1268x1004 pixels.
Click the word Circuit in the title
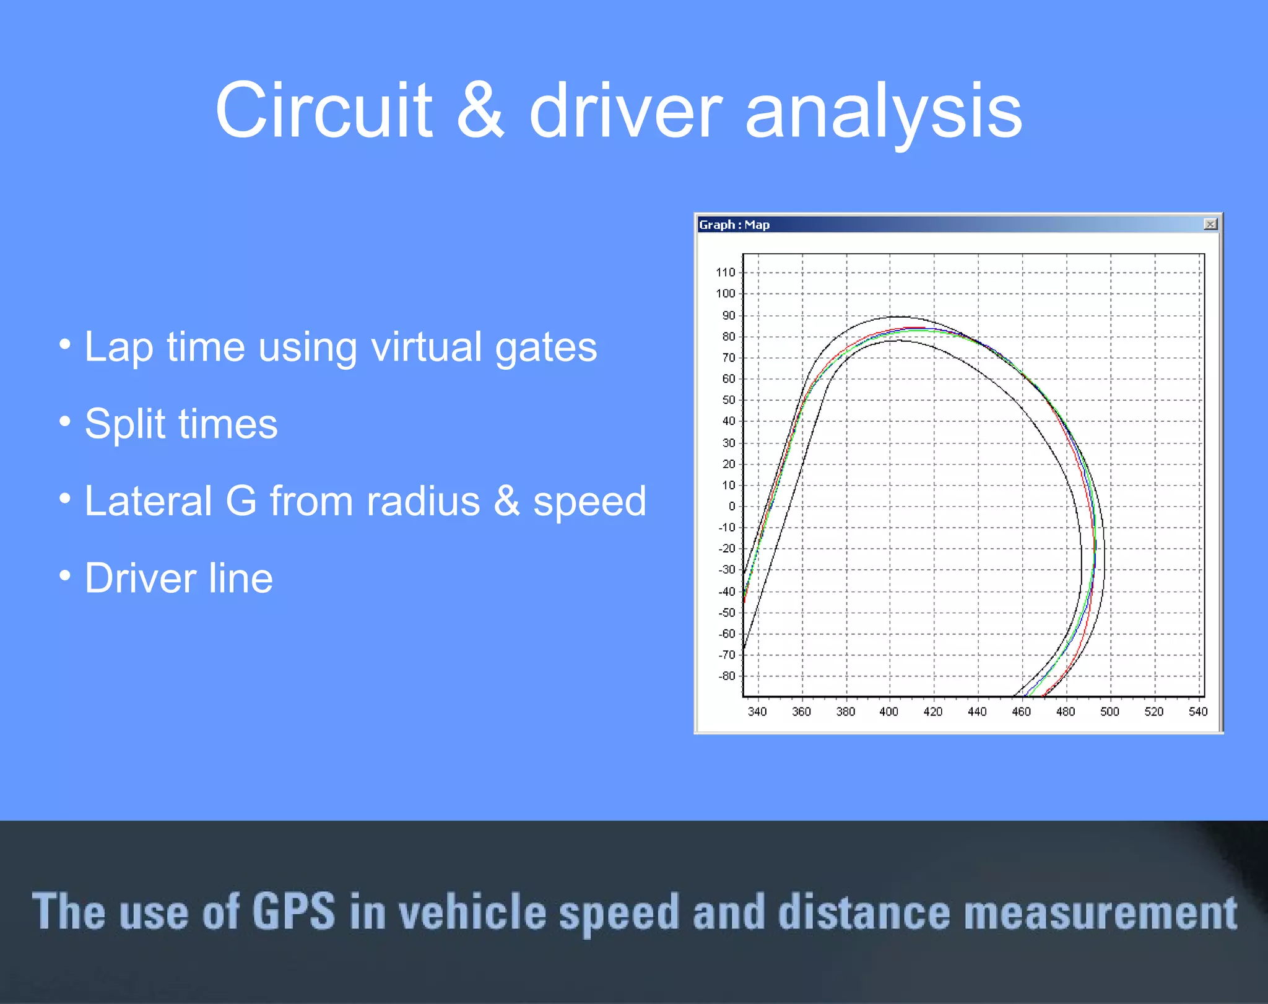point(323,111)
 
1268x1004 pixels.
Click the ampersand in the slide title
point(480,111)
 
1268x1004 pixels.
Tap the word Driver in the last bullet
point(140,578)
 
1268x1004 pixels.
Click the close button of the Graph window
point(1210,224)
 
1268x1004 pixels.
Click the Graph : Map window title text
point(734,225)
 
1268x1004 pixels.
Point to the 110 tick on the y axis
point(725,273)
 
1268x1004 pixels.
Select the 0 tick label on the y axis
point(732,507)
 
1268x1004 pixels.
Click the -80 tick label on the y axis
point(727,676)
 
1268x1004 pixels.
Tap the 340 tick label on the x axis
point(757,712)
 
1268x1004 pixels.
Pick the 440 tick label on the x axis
point(977,712)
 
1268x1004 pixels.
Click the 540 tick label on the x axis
point(1197,712)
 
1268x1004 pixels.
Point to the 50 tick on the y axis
point(729,400)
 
